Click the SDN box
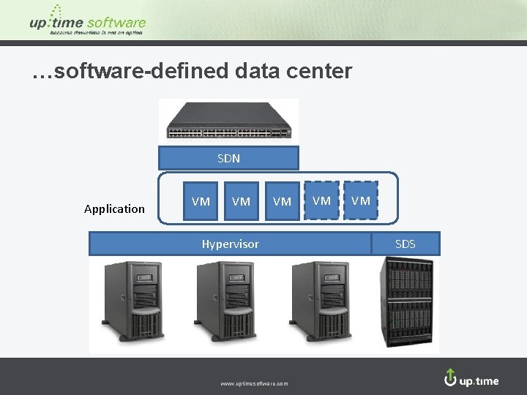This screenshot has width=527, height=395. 228,158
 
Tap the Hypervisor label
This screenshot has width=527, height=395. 231,244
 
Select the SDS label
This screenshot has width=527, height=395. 405,244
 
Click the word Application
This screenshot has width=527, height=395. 114,209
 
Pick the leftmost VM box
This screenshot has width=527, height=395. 201,201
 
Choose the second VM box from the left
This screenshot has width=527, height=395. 241,201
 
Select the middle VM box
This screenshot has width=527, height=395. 282,201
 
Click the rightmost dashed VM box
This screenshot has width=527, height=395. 361,200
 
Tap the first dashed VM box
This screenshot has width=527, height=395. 321,200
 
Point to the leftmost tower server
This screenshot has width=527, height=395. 135,301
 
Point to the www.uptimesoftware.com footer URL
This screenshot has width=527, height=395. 254,383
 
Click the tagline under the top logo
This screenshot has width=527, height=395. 96,32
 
